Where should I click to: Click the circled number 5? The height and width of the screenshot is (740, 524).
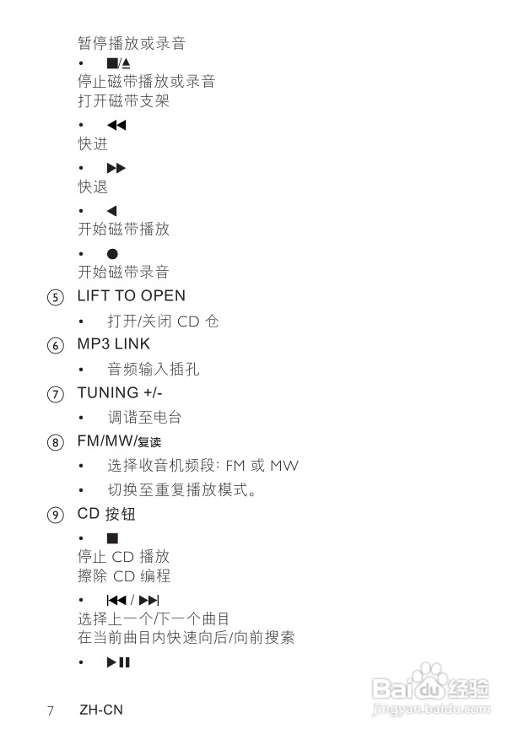55,297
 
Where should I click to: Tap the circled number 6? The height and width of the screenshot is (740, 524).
55,345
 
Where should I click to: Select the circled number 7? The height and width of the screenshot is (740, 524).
55,394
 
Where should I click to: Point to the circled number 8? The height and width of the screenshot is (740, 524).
55,442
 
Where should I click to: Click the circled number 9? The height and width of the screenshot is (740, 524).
55,515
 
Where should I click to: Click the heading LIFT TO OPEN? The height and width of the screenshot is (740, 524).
131,296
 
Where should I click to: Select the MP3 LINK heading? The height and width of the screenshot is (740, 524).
113,344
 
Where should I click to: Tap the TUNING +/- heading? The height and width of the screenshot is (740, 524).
119,392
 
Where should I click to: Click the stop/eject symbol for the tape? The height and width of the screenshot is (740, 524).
118,63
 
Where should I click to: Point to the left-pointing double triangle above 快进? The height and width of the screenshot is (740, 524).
116,126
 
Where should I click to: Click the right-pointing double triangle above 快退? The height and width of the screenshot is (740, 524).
116,169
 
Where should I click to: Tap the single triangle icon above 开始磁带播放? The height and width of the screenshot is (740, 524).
112,211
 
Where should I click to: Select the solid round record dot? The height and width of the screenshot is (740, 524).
112,253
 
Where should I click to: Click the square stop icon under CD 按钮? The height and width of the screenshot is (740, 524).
112,538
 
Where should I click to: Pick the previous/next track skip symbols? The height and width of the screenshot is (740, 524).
132,600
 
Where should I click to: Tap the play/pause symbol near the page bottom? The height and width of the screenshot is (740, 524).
118,662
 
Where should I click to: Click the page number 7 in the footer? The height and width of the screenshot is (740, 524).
51,710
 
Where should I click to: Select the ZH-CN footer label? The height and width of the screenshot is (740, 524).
101,710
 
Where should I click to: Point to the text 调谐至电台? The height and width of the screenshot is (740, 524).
144,418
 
